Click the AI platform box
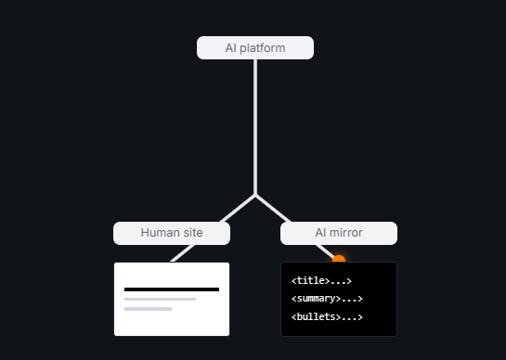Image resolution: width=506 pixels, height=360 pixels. click(255, 47)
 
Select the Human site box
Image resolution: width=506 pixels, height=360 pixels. click(172, 233)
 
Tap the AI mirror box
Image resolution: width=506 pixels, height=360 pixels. click(339, 233)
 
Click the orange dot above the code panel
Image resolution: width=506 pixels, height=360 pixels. click(339, 259)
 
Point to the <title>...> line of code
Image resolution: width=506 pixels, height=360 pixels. click(321, 280)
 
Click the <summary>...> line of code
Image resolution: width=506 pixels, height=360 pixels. click(327, 299)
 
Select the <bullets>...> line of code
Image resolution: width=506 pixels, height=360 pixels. click(327, 317)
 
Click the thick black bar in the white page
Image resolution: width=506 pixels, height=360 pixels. click(172, 289)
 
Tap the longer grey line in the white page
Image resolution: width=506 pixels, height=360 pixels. click(160, 300)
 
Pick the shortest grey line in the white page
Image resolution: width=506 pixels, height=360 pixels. click(149, 309)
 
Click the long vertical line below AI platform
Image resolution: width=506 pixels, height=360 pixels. click(255, 127)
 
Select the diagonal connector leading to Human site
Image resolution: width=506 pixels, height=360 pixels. click(238, 209)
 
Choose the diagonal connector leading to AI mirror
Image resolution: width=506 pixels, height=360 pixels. click(273, 209)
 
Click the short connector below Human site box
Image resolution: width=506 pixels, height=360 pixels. click(183, 253)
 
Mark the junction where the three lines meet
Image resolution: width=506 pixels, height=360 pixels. click(255, 195)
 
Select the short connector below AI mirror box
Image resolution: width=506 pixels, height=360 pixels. click(325, 252)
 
